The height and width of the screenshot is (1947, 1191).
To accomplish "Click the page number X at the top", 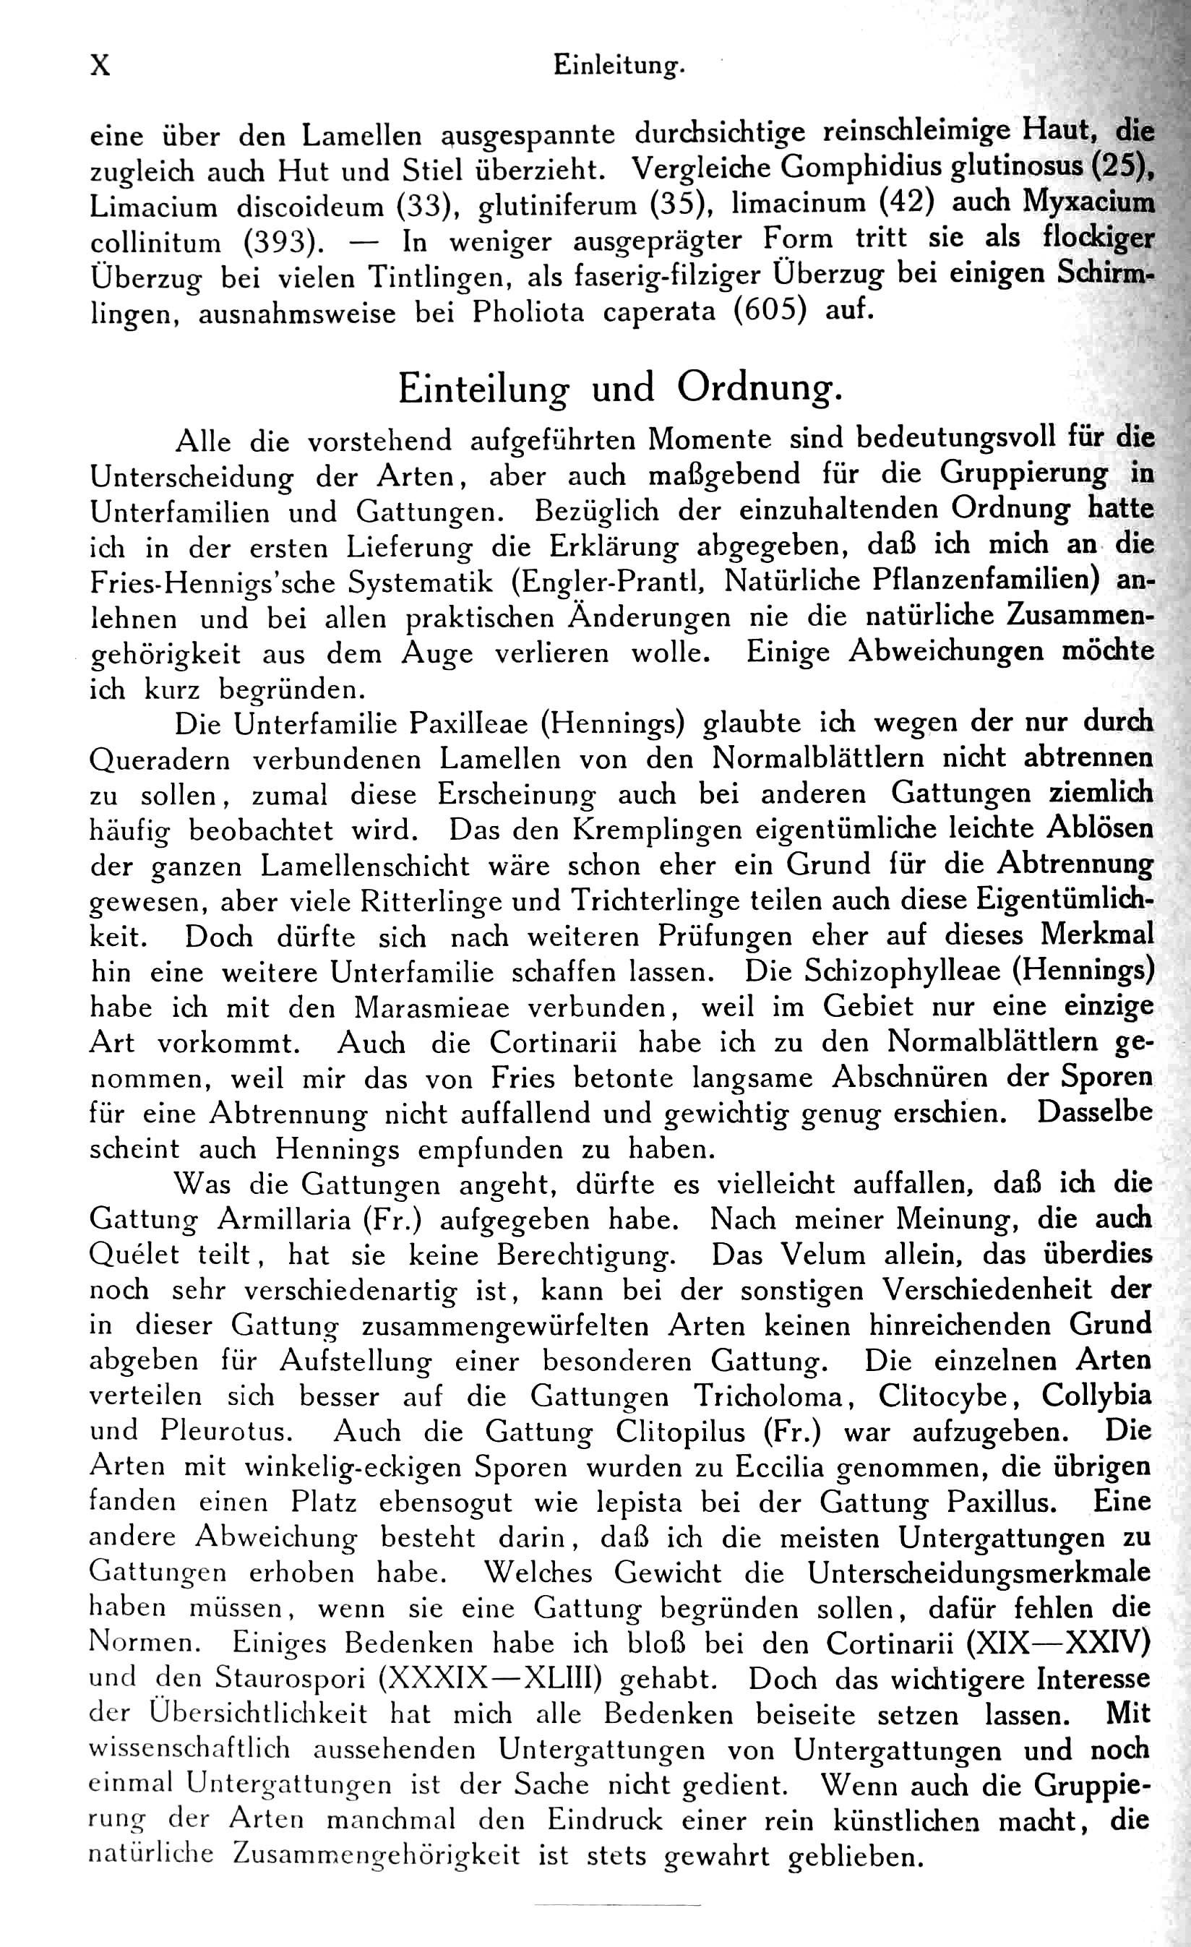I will pos(100,65).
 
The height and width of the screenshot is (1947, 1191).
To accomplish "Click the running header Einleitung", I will pos(618,66).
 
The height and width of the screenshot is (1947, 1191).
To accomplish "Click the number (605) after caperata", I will pos(770,312).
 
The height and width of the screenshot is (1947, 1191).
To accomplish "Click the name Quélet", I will pos(134,1255).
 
